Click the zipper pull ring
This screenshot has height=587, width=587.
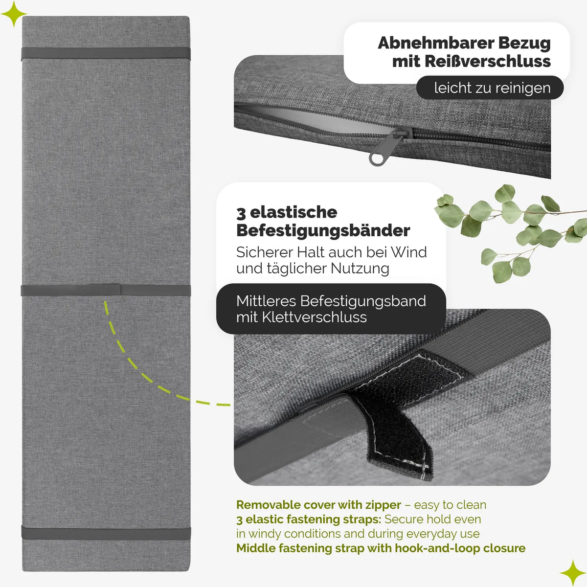[x=378, y=159]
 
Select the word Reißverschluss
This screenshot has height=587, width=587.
[x=487, y=62]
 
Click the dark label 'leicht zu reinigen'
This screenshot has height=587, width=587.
[x=490, y=88]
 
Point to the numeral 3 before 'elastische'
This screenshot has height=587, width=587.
[x=241, y=213]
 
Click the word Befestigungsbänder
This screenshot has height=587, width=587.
[x=323, y=231]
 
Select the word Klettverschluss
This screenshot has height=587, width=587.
[x=315, y=317]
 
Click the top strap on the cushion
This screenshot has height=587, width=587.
[x=106, y=54]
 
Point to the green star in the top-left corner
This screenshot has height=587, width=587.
[x=13, y=14]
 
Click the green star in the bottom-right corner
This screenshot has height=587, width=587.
[x=573, y=573]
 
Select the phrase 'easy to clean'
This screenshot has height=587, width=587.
[x=450, y=505]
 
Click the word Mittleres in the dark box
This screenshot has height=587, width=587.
[x=266, y=301]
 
